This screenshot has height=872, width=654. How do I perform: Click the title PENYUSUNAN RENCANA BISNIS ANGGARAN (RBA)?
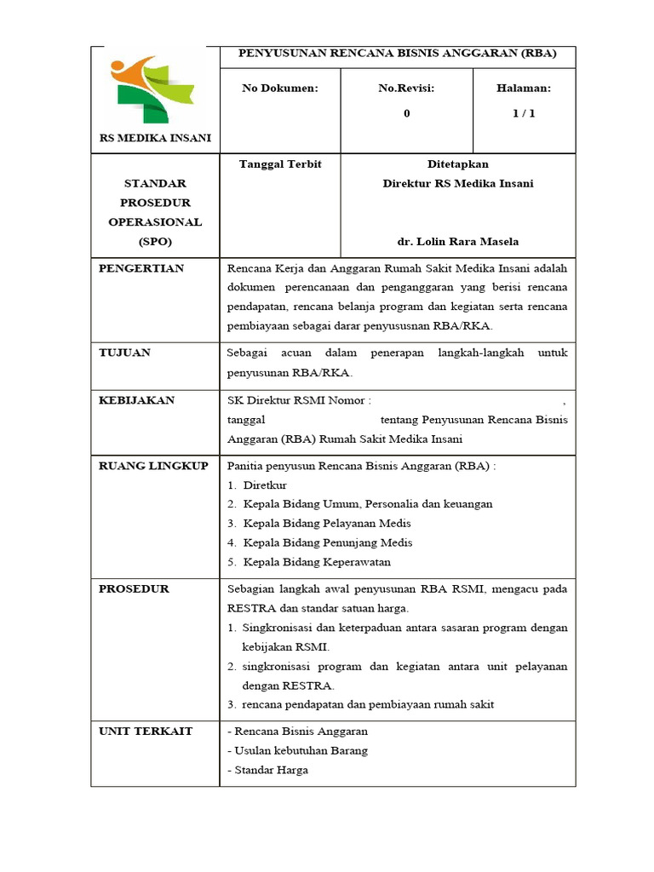point(397,53)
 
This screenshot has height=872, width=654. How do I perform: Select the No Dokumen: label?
point(279,88)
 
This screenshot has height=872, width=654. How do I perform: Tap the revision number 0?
point(406,113)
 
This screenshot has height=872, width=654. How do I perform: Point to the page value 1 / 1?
point(524,113)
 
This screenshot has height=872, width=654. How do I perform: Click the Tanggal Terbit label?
point(280,163)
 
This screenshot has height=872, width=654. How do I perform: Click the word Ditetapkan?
point(457,163)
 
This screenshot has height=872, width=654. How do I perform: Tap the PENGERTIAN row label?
point(141,268)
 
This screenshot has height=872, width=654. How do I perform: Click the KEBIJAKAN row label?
point(136,400)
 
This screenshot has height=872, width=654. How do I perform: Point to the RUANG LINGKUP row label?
point(153,466)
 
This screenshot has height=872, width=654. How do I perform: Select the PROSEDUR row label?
point(134,588)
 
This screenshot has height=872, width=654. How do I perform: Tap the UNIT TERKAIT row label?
point(146,731)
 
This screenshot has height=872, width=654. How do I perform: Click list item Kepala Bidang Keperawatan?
point(317,562)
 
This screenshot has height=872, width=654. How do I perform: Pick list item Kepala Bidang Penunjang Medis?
point(328,542)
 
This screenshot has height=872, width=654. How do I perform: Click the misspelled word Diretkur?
point(265,485)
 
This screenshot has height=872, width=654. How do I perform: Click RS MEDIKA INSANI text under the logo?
point(156,138)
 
